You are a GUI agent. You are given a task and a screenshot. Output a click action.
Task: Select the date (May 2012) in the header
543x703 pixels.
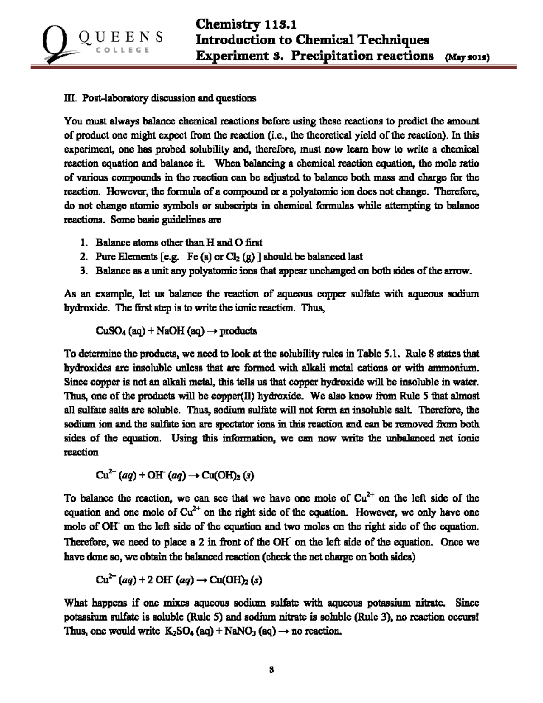(468, 57)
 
